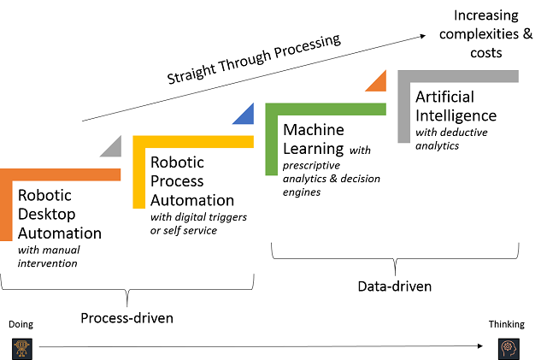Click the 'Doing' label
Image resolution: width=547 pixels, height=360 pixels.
click(20, 325)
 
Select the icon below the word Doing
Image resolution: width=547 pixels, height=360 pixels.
click(21, 346)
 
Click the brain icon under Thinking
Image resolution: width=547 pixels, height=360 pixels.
click(509, 346)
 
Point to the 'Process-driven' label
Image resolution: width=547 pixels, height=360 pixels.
click(126, 318)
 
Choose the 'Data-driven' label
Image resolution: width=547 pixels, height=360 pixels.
click(395, 286)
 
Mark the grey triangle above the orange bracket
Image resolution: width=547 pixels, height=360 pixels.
click(111, 146)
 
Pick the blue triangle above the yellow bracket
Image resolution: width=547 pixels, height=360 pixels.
click(244, 114)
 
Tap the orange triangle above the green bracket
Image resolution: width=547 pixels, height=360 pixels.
click(377, 81)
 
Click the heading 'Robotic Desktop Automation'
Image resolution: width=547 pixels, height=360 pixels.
click(59, 214)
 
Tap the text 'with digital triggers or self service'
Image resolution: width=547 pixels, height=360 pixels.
click(198, 224)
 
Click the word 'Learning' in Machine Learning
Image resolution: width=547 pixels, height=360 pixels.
click(314, 151)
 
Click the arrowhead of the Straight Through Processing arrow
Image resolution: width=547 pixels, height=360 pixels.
click(424, 36)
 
